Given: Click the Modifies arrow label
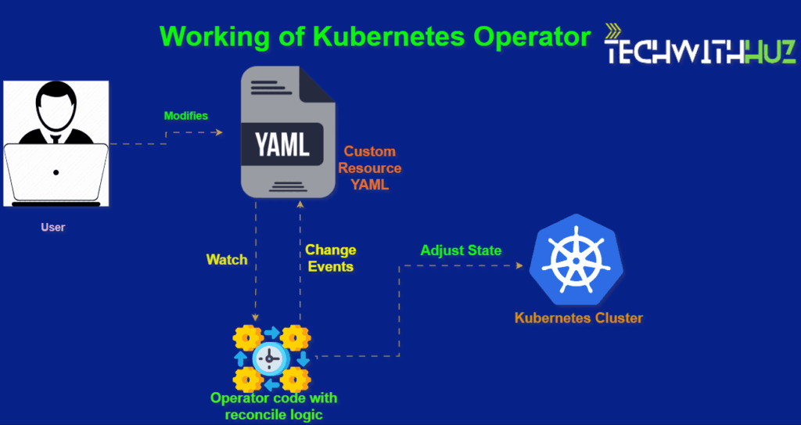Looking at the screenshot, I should tap(186, 116).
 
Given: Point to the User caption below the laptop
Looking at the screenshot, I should tap(53, 228).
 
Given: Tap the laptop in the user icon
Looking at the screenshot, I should tap(56, 174).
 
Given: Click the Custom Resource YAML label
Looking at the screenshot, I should tap(370, 168).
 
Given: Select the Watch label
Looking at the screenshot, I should tap(227, 259).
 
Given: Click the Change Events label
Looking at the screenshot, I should tap(331, 258).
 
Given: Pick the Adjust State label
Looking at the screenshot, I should tap(461, 250).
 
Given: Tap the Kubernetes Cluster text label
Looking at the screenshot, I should tap(579, 319).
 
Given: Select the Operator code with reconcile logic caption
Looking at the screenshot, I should tap(274, 406).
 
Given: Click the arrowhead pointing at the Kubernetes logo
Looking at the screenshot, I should tap(519, 265).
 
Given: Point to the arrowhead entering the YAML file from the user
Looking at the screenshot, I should tap(220, 132).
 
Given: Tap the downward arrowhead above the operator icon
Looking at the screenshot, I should tap(255, 317).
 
